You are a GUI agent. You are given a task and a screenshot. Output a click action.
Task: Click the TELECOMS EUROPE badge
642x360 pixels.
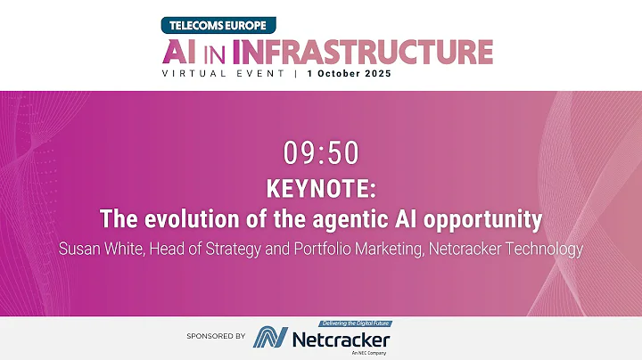(x=218, y=25)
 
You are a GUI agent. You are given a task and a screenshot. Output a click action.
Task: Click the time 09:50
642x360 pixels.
(x=320, y=154)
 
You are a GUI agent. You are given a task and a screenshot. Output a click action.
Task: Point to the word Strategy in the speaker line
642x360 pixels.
(x=235, y=249)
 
